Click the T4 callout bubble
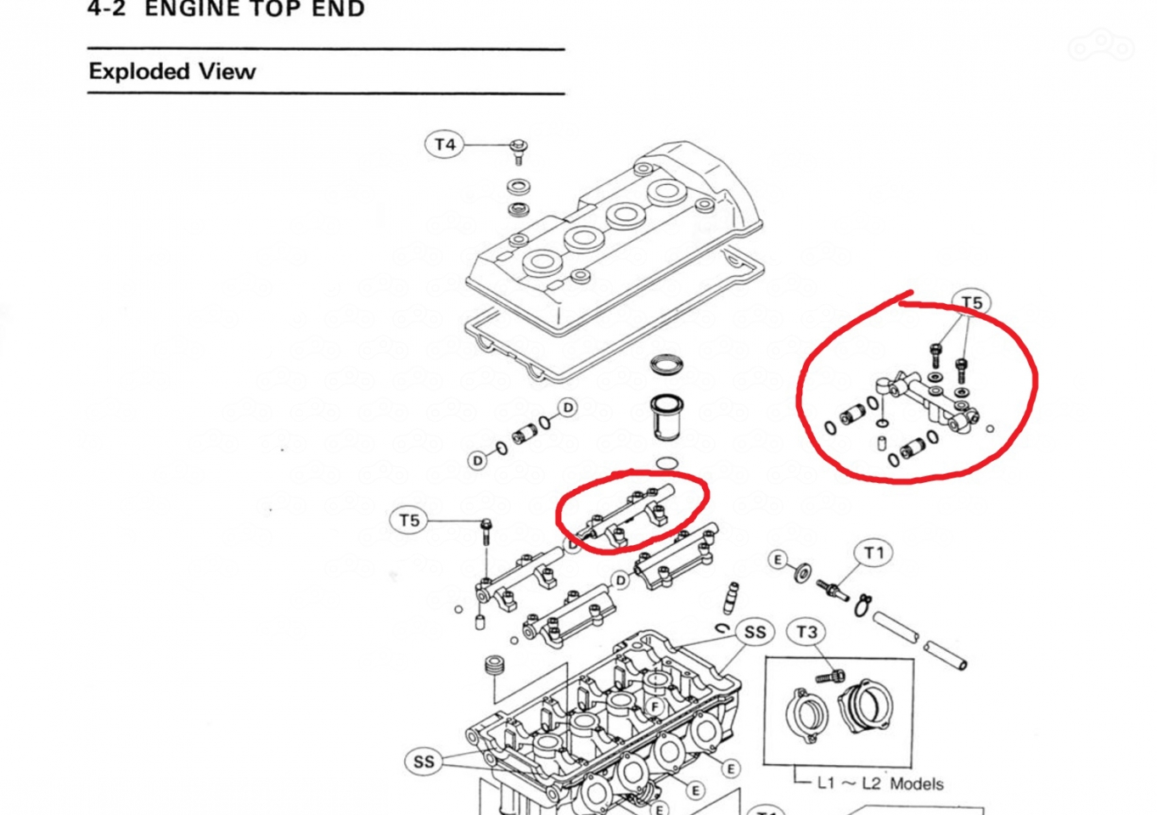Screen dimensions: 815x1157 (x=445, y=144)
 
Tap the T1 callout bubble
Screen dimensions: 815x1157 (x=873, y=554)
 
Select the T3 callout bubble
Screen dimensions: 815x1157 (x=806, y=632)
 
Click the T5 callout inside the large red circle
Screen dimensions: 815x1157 (x=971, y=303)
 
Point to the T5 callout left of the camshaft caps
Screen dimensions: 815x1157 (x=409, y=520)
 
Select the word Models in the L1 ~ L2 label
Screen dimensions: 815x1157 (x=917, y=784)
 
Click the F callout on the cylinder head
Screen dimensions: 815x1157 (x=654, y=706)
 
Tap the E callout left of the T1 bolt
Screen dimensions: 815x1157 (x=778, y=559)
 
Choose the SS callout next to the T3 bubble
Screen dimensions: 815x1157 (x=755, y=632)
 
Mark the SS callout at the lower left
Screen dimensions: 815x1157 (x=424, y=762)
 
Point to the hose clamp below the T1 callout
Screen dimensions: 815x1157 (x=863, y=604)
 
